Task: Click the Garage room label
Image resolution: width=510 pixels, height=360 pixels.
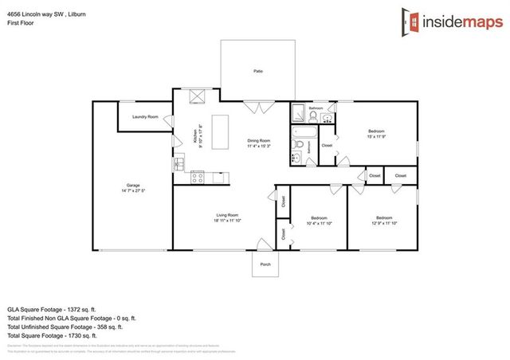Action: coord(133,188)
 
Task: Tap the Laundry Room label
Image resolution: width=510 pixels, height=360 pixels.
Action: coord(145,117)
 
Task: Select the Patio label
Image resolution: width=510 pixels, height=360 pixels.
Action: coord(258,72)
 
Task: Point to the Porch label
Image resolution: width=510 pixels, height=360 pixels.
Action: coord(265,264)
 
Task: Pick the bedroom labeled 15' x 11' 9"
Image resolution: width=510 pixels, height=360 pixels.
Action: coord(376,133)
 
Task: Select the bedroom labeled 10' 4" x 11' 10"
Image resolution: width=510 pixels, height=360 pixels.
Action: coord(319,220)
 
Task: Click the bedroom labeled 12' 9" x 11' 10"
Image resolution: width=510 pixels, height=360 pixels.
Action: coord(384,220)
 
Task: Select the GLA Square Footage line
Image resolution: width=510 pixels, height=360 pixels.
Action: coord(51,308)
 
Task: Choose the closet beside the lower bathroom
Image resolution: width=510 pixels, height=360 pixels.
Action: coord(327,146)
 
